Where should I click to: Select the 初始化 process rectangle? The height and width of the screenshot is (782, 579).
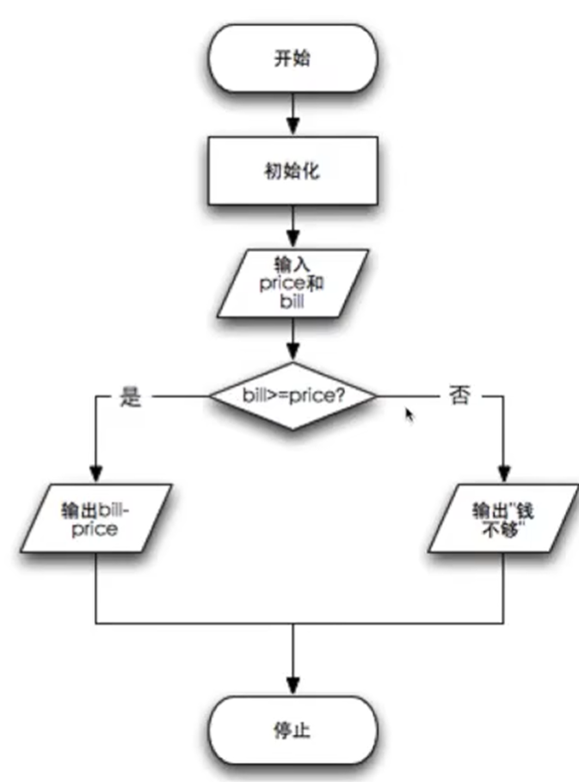293,170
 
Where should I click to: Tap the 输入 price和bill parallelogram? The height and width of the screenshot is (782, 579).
293,283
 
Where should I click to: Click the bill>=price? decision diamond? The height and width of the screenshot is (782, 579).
293,397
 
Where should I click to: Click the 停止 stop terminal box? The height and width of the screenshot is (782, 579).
293,731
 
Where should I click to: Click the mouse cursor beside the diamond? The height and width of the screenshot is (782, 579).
410,415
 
